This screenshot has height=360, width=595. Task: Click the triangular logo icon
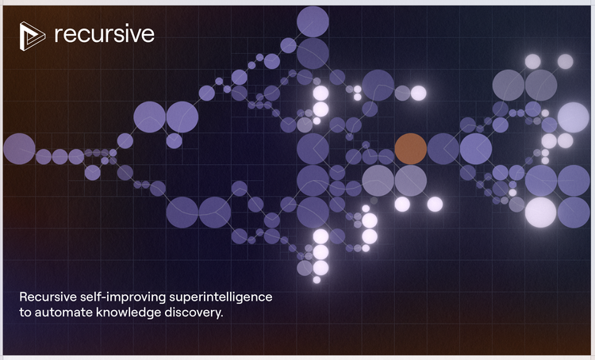coord(32,36)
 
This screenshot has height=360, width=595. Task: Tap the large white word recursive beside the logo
coord(105,35)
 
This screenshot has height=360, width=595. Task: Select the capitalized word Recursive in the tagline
coord(48,297)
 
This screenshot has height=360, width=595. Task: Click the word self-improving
coord(123,297)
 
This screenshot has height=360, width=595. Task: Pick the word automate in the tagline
coord(63,312)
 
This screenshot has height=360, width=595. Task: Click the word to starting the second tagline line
coord(25,313)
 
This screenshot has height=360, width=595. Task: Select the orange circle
coord(411,149)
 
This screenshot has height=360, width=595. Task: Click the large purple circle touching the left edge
coord(19,149)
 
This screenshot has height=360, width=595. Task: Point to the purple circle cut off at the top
coord(313,21)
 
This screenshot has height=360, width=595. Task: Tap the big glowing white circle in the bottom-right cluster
coord(541,213)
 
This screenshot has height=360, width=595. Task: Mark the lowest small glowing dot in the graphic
coord(317,280)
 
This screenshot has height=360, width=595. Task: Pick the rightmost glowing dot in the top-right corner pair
coord(566,62)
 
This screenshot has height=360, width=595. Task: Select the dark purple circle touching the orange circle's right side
coord(443,149)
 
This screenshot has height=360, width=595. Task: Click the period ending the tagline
coord(221,316)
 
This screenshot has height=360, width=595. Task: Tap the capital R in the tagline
coord(23,297)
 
